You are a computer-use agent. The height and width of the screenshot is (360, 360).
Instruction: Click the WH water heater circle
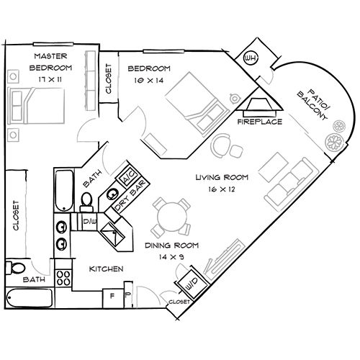click(x=251, y=58)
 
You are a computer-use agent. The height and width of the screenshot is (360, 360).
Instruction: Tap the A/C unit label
click(x=127, y=178)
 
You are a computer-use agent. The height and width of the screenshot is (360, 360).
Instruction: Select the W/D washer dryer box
click(x=192, y=283)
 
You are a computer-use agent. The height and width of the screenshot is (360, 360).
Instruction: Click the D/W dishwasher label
click(x=89, y=221)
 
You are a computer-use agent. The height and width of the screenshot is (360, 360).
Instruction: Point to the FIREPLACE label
click(x=260, y=122)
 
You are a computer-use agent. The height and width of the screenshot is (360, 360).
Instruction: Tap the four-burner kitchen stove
click(x=63, y=278)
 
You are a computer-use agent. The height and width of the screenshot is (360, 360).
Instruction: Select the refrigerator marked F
click(x=113, y=298)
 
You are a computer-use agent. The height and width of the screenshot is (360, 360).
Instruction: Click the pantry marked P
click(x=128, y=295)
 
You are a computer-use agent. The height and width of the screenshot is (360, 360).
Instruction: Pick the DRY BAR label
click(x=130, y=196)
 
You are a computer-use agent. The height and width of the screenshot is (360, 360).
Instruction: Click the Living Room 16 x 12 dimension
click(x=222, y=189)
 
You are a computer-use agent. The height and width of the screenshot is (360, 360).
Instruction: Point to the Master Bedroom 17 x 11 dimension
click(x=50, y=79)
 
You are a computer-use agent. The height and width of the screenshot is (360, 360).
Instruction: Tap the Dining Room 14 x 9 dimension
click(x=171, y=257)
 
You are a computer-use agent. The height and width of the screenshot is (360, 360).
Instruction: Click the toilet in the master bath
click(x=15, y=268)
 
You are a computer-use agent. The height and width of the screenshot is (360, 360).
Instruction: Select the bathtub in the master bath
click(x=29, y=298)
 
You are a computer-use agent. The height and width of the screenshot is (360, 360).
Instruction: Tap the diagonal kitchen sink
click(x=112, y=234)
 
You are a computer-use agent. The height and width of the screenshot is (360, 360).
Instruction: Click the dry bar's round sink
click(x=112, y=194)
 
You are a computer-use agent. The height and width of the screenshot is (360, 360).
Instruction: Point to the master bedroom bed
click(x=36, y=106)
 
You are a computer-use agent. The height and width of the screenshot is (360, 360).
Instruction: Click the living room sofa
click(x=289, y=184)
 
